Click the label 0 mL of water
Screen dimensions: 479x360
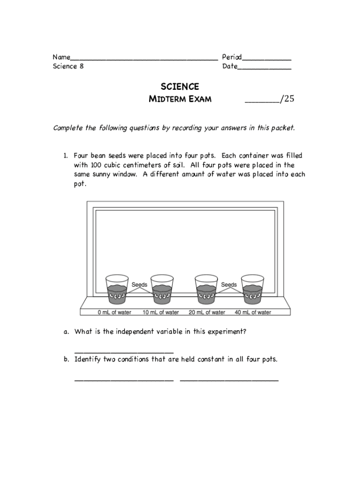[x=115, y=312]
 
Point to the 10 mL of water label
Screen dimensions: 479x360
[x=161, y=312]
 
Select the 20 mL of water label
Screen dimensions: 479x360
[x=207, y=312]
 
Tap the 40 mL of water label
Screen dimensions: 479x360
[x=253, y=312]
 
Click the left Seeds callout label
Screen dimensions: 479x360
[x=139, y=284]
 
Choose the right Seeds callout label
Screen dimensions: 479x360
[x=229, y=284]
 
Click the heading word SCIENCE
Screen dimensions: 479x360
[x=180, y=87]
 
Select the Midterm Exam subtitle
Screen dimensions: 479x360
[x=180, y=99]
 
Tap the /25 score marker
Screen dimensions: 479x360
[x=287, y=99]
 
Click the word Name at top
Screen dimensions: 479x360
[x=61, y=58]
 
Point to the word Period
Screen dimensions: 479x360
[x=231, y=58]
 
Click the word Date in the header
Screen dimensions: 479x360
[x=230, y=66]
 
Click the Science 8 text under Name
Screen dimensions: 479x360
[x=65, y=66]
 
